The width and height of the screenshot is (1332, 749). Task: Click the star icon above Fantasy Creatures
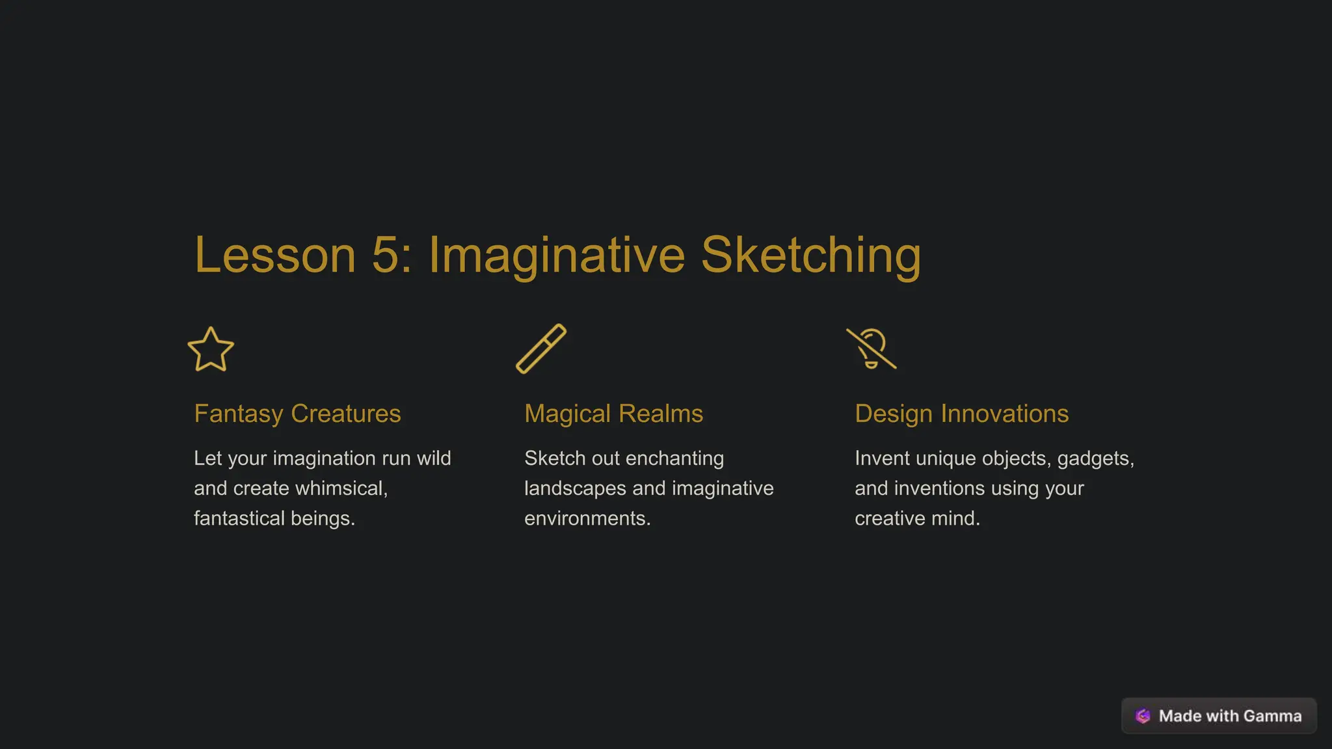[x=211, y=350]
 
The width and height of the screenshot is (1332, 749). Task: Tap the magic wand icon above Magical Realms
[x=541, y=348]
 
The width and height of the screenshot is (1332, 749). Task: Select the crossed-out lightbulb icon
[x=872, y=349]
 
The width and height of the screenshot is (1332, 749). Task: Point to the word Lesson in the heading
[x=275, y=255]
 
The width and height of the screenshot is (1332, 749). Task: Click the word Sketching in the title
[x=810, y=255]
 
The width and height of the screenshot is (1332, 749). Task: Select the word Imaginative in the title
[x=556, y=255]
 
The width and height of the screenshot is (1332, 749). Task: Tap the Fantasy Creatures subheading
[x=297, y=414]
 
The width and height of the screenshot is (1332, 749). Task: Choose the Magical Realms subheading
[x=613, y=414]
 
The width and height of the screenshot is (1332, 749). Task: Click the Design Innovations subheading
[x=961, y=414]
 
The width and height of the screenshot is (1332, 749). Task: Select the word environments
[x=587, y=518]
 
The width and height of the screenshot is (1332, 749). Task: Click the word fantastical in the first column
[x=239, y=518]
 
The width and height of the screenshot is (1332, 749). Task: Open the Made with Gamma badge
[x=1219, y=716]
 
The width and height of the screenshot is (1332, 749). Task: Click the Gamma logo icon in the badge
[x=1143, y=716]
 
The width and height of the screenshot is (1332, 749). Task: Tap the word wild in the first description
[x=434, y=458]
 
